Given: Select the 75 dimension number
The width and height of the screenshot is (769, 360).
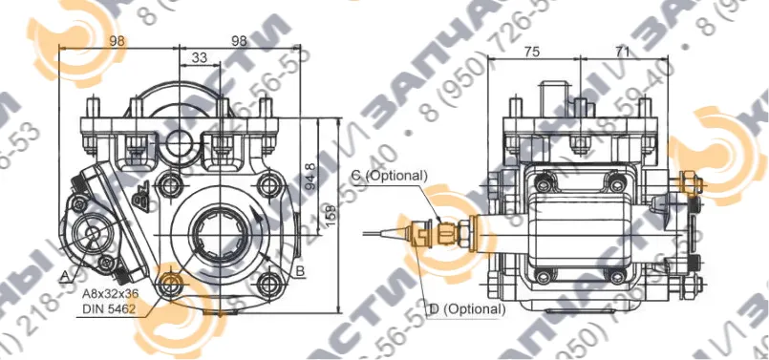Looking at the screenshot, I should (532, 52).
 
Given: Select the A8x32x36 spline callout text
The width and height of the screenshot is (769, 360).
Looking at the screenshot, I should (108, 295).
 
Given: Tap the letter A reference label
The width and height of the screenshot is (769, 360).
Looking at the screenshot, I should (63, 275).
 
